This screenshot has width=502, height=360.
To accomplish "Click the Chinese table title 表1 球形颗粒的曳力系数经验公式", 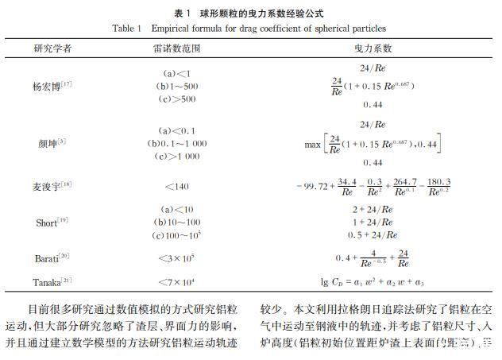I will [251, 14].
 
